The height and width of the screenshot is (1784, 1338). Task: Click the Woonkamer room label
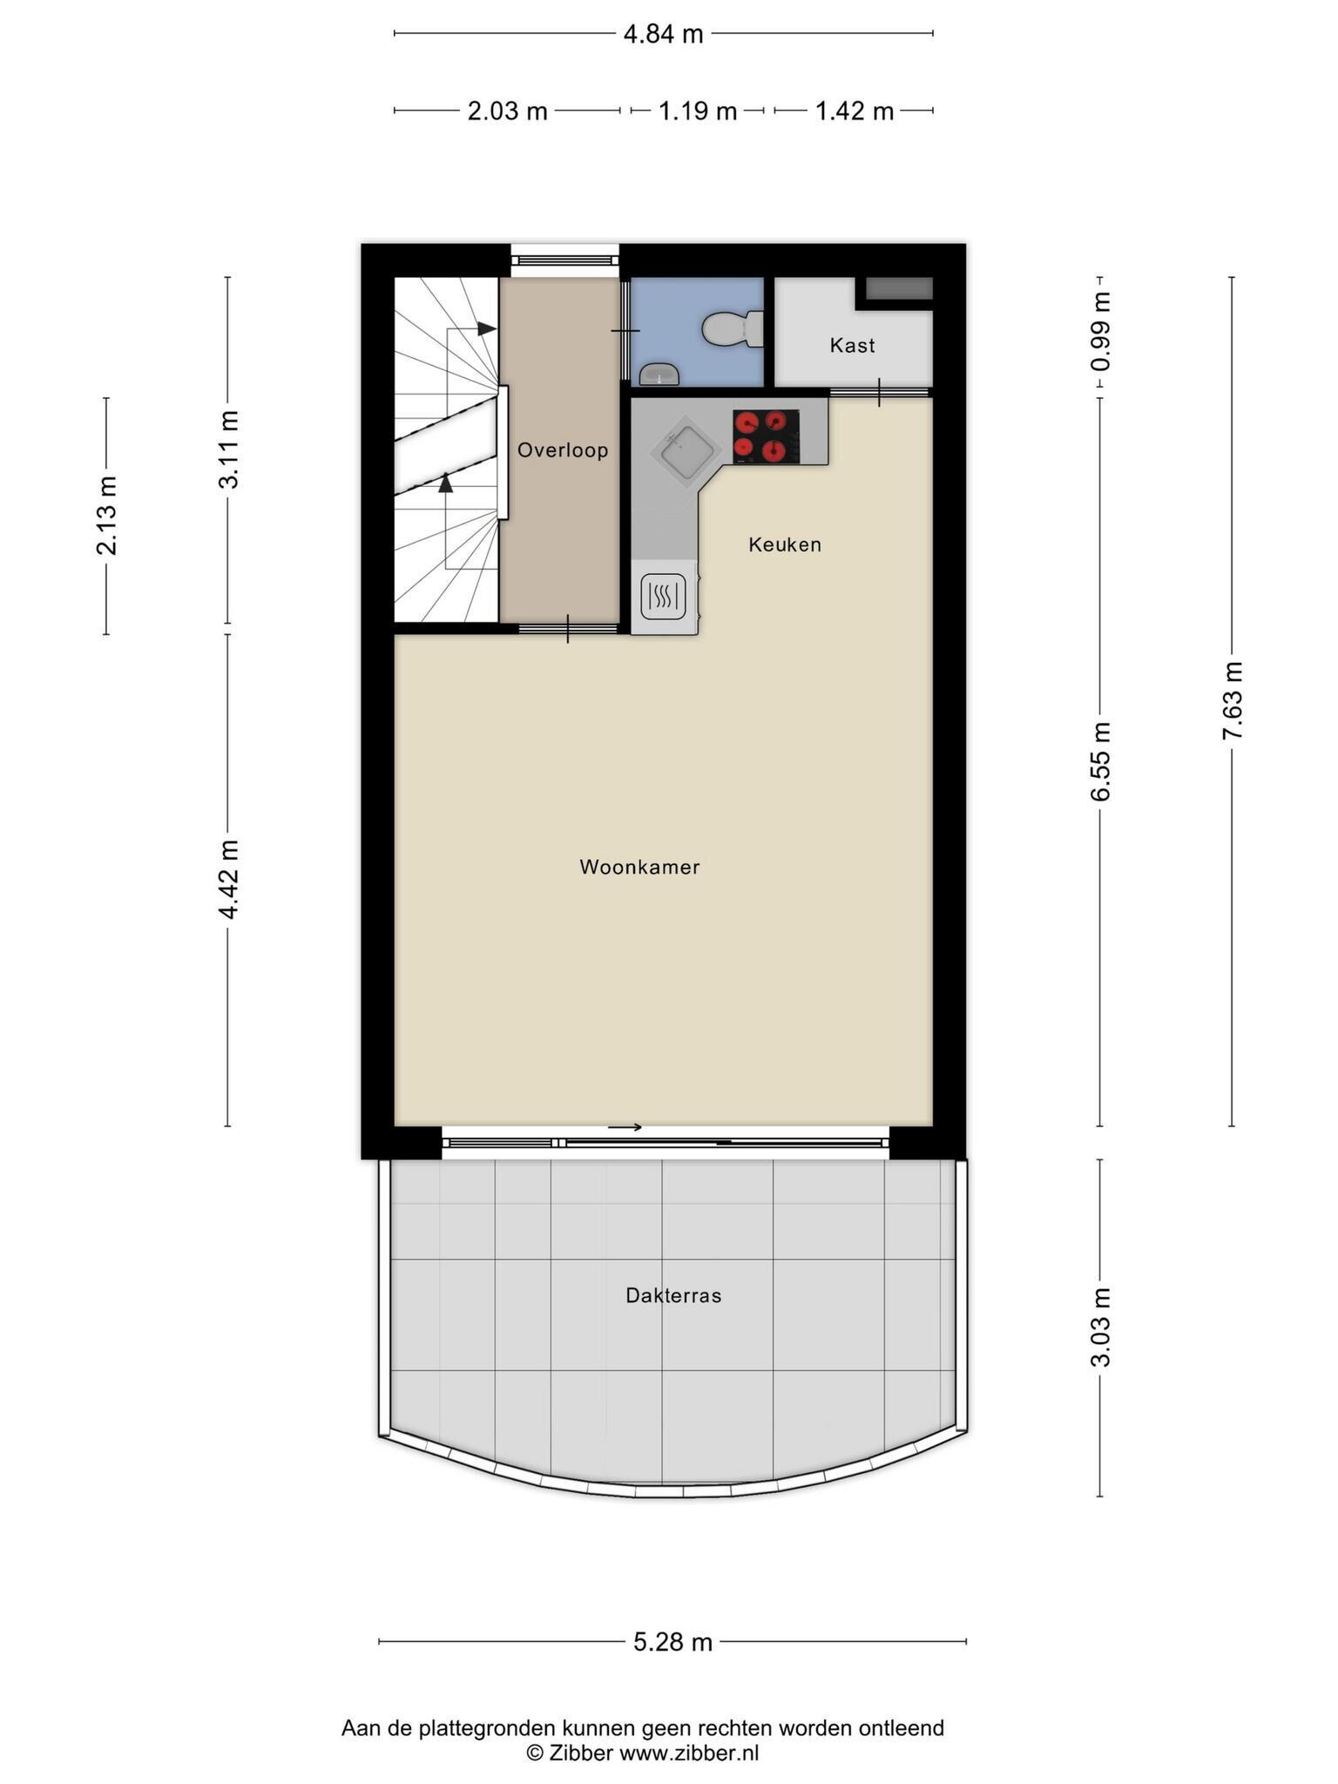tap(639, 868)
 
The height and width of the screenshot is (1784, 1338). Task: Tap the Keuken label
tap(785, 545)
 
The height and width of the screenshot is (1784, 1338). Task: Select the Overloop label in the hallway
tap(563, 450)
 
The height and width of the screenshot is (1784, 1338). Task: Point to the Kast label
tap(852, 346)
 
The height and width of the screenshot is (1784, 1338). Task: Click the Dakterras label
tap(673, 1296)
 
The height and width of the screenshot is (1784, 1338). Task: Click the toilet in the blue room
tap(733, 329)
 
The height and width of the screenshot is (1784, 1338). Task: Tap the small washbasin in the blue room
tap(659, 375)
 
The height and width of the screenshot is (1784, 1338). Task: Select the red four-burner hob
tap(766, 436)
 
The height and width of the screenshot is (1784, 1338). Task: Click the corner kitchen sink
tap(685, 449)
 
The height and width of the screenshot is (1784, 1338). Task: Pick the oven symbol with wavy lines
tap(664, 597)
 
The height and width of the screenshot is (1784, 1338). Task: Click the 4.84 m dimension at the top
tap(663, 34)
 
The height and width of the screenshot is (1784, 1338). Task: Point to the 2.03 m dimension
tap(507, 111)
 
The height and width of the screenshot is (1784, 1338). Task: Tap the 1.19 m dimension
tap(697, 111)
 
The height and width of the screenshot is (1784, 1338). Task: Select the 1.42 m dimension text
tap(854, 111)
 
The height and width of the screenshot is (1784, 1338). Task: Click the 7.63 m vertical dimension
tap(1232, 701)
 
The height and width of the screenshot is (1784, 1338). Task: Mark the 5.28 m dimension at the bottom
tap(672, 1643)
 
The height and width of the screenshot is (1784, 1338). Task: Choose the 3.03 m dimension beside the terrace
tap(1101, 1328)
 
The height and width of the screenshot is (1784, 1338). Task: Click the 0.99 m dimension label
tap(1101, 332)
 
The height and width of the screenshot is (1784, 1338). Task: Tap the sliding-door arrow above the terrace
tap(625, 1127)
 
